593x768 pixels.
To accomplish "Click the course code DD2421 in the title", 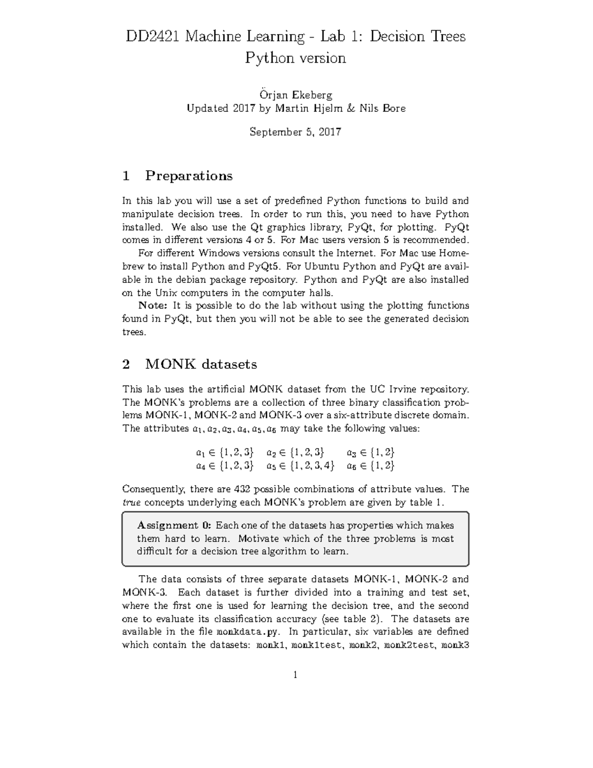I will pos(153,37).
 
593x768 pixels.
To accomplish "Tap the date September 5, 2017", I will pos(295,132).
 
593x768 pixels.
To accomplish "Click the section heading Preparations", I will pos(189,176).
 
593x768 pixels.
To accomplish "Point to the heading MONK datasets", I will pos(201,364).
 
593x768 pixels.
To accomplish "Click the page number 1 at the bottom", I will pos(295,675).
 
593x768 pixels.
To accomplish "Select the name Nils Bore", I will pos(385,108).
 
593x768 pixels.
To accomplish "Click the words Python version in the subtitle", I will pos(296,58).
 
